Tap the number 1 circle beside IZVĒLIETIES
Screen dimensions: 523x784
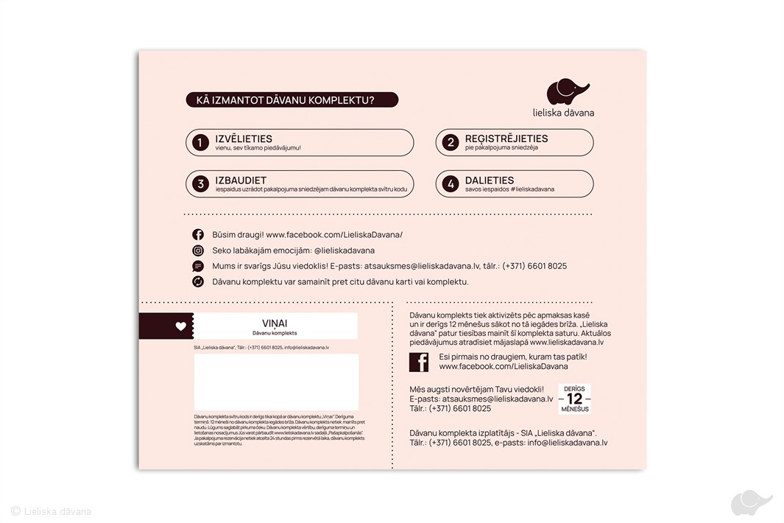[199, 143]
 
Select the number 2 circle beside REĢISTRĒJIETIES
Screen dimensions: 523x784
[451, 143]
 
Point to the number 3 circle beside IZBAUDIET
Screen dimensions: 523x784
[199, 184]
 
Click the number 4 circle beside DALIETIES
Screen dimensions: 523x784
[451, 184]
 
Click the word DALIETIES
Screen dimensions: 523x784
[490, 180]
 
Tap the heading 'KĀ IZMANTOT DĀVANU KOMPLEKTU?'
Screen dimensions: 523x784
[291, 100]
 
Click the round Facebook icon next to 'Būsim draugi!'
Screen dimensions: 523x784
[198, 235]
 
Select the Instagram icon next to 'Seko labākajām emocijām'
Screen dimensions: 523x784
[198, 250]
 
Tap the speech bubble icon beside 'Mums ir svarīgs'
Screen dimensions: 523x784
[198, 266]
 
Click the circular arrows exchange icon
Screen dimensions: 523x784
[198, 281]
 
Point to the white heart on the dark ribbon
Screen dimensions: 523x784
[181, 326]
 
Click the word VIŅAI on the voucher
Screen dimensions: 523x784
[275, 323]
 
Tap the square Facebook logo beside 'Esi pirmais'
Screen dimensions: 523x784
[419, 362]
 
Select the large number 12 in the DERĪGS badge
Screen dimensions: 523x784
[574, 399]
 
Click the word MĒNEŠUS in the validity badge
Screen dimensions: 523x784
[574, 409]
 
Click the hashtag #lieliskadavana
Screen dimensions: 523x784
[524, 189]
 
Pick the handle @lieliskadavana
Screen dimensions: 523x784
[344, 250]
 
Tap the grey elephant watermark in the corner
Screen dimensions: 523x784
[751, 503]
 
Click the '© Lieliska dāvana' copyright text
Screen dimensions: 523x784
[51, 511]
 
